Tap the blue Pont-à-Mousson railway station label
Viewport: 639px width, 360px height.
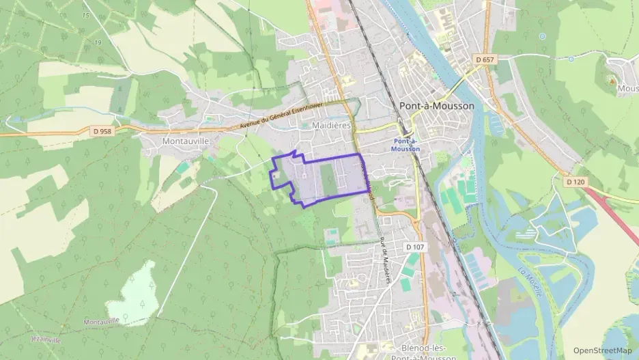tap(406, 145)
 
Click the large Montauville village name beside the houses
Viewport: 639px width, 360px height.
tap(185, 140)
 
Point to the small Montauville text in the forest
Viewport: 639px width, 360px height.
tap(101, 321)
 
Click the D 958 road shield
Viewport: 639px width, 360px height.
tap(101, 130)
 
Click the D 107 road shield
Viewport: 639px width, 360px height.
tap(414, 246)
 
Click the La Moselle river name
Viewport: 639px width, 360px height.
tap(530, 282)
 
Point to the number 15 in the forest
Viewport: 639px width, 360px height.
tap(85, 15)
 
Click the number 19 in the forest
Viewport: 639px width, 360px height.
tap(98, 43)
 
